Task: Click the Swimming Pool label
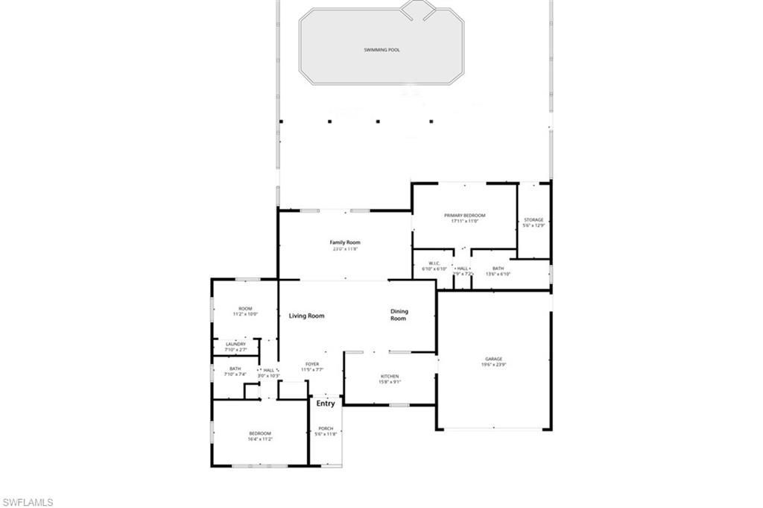point(381,50)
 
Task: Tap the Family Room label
point(345,242)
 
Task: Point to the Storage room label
point(534,220)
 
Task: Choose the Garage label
point(493,359)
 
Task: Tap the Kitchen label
point(390,376)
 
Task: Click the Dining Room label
point(399,315)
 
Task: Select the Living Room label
point(306,316)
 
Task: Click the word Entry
point(326,404)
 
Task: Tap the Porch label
point(326,428)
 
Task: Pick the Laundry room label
point(235,344)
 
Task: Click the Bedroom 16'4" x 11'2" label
point(260,433)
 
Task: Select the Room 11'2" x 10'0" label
point(245,309)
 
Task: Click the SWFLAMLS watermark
point(28,502)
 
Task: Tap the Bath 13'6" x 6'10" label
point(498,269)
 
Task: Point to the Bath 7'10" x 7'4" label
point(235,369)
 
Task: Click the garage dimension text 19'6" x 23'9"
point(493,365)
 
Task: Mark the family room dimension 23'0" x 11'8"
point(345,249)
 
